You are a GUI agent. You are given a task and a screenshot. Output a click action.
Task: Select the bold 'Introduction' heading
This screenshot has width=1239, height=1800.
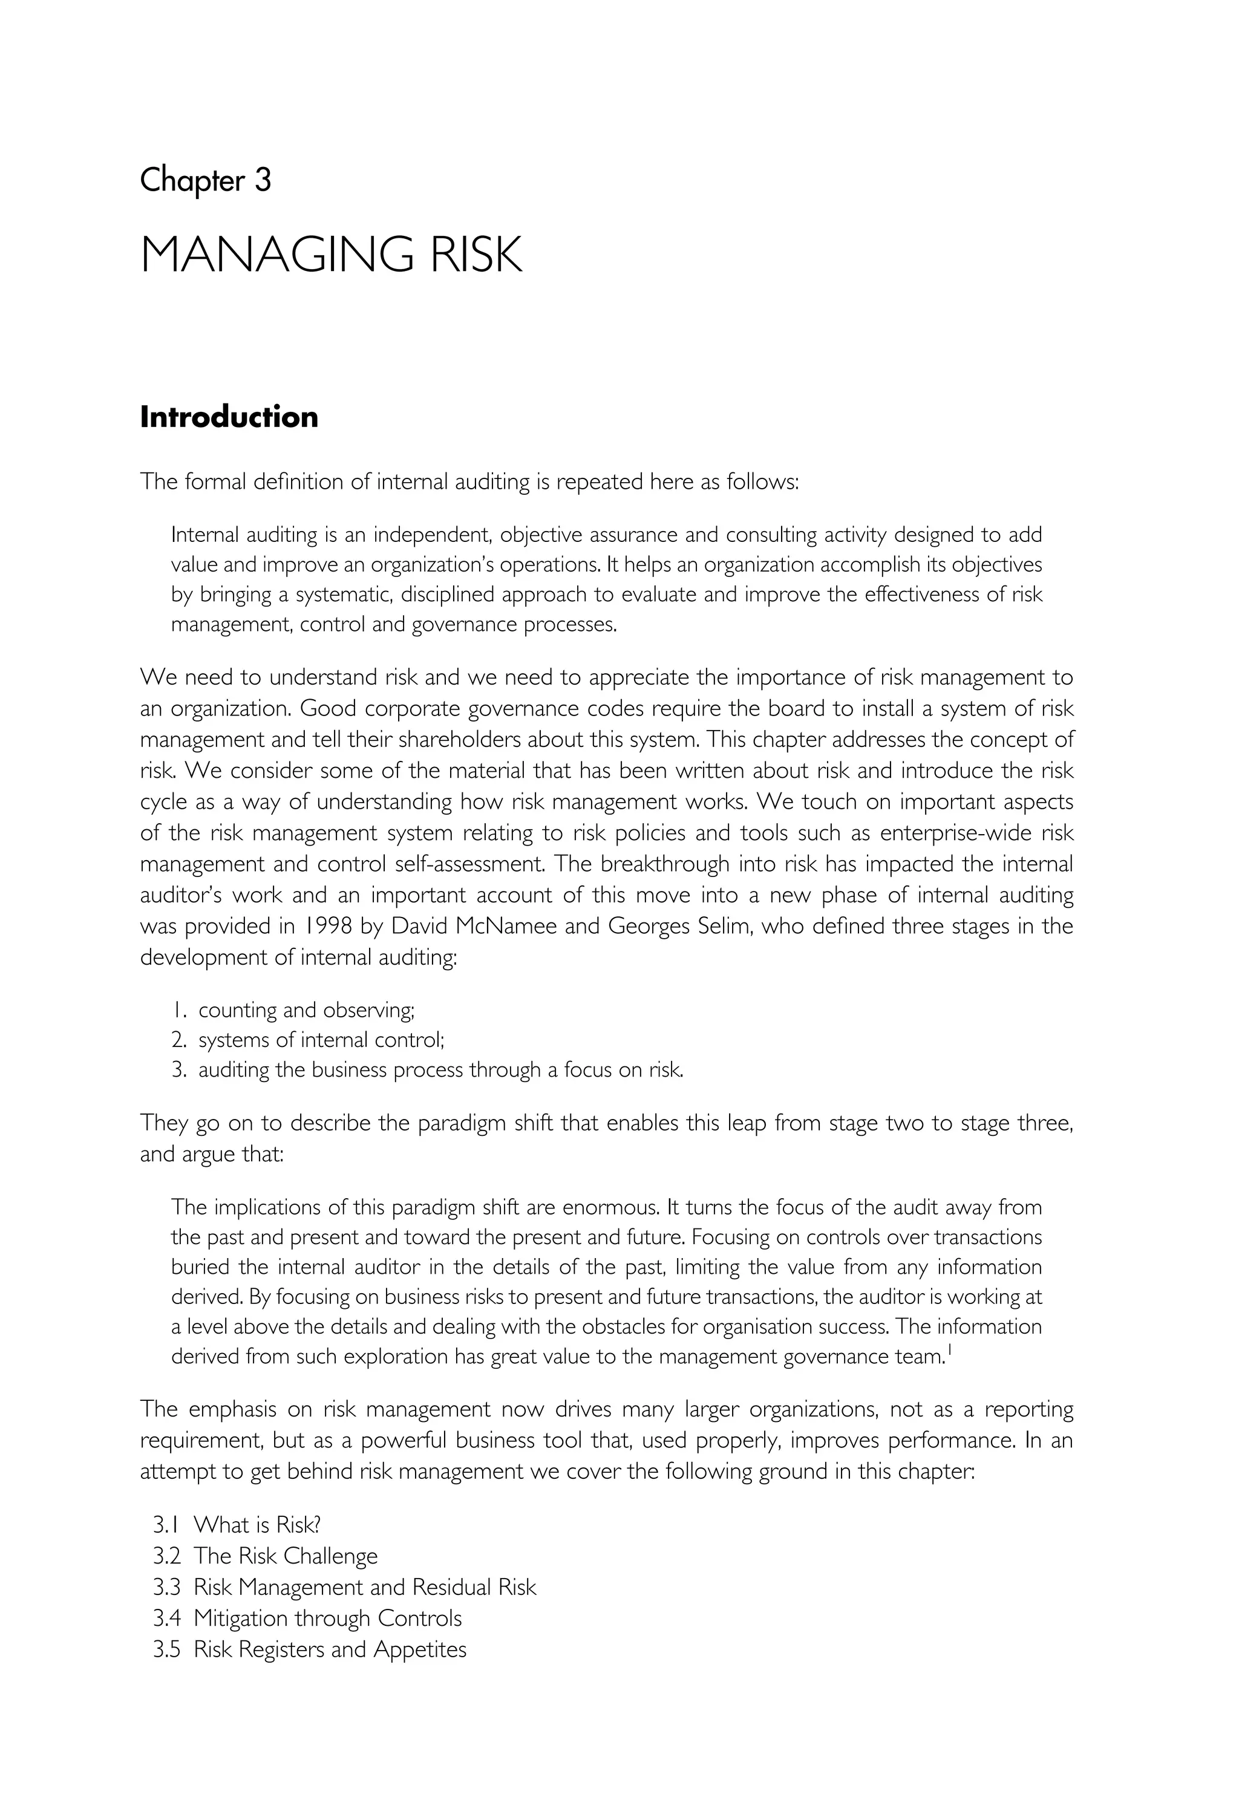(x=229, y=417)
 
